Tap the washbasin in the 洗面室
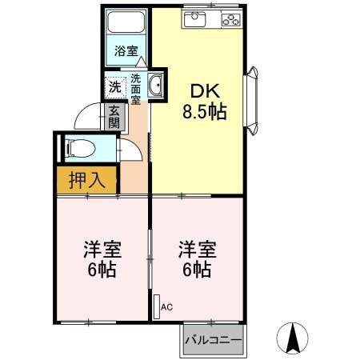pyautogui.click(x=156, y=86)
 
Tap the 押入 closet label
pyautogui.click(x=86, y=180)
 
